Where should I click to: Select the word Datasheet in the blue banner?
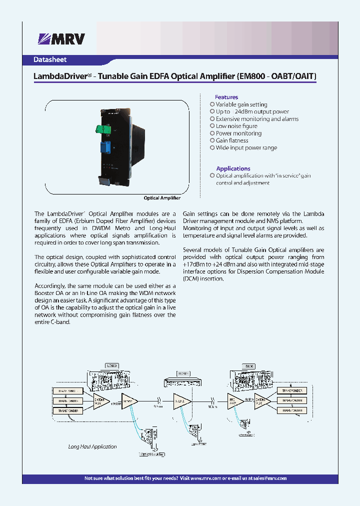coord(50,59)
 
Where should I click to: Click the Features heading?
coord(226,97)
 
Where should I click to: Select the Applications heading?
coord(233,168)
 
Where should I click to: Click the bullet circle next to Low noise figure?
coord(212,126)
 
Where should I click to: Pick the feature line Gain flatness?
coord(232,140)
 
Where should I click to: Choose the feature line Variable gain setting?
coord(241,104)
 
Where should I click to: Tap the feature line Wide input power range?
coord(246,147)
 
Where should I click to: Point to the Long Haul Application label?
coord(92,446)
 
